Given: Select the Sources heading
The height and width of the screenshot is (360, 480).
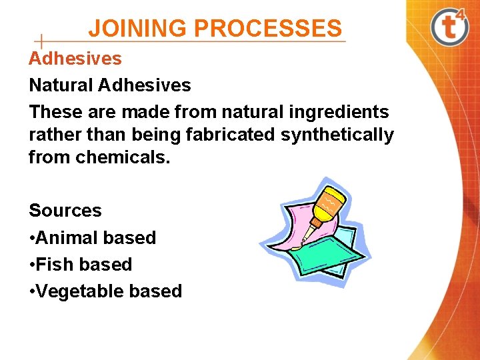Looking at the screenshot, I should pyautogui.click(x=65, y=211).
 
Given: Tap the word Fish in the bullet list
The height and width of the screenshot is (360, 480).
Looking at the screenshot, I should pyautogui.click(x=56, y=265).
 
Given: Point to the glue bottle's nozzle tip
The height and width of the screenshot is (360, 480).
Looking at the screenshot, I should pyautogui.click(x=305, y=239).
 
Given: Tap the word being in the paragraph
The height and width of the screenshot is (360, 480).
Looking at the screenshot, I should pyautogui.click(x=157, y=135).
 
